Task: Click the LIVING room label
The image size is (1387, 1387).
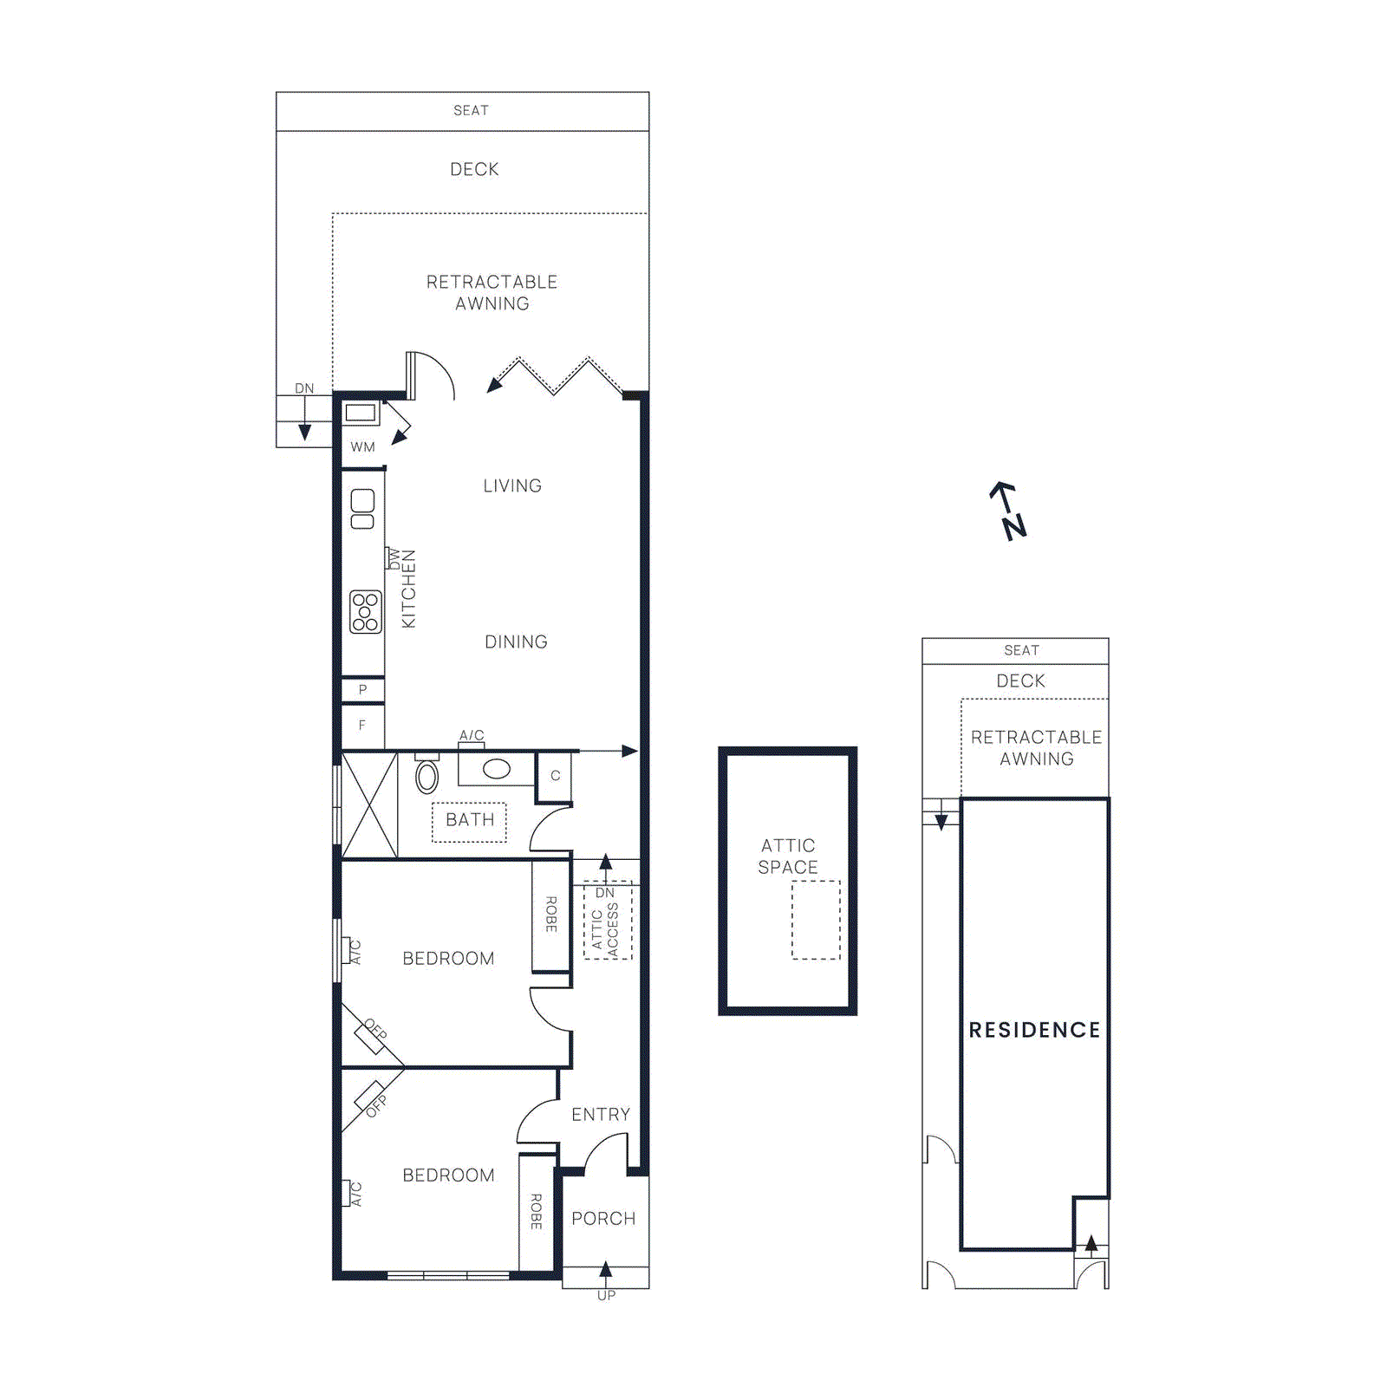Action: click(512, 486)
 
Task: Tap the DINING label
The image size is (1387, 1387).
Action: click(516, 642)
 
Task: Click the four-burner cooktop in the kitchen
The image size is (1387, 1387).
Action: click(365, 612)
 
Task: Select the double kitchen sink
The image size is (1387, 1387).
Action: click(362, 509)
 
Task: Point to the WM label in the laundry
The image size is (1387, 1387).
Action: click(362, 447)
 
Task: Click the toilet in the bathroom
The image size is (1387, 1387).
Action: click(427, 775)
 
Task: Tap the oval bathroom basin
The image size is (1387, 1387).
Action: click(496, 769)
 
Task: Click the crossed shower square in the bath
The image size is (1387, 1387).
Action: click(369, 806)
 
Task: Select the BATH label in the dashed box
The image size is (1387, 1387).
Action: click(469, 820)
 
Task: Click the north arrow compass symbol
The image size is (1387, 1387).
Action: click(1008, 511)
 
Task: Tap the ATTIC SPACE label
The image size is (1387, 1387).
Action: click(787, 856)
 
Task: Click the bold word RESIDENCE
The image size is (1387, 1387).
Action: click(1034, 1030)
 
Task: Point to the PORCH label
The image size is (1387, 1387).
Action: click(603, 1219)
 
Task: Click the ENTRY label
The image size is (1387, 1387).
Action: click(600, 1115)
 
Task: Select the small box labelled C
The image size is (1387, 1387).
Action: click(555, 776)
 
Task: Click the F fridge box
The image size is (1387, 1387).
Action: click(362, 726)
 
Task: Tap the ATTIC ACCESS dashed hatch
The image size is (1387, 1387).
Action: click(608, 921)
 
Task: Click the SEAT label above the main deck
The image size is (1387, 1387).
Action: click(471, 111)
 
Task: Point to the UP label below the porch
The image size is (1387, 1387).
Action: click(606, 1295)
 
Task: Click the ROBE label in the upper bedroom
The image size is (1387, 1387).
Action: click(550, 915)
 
